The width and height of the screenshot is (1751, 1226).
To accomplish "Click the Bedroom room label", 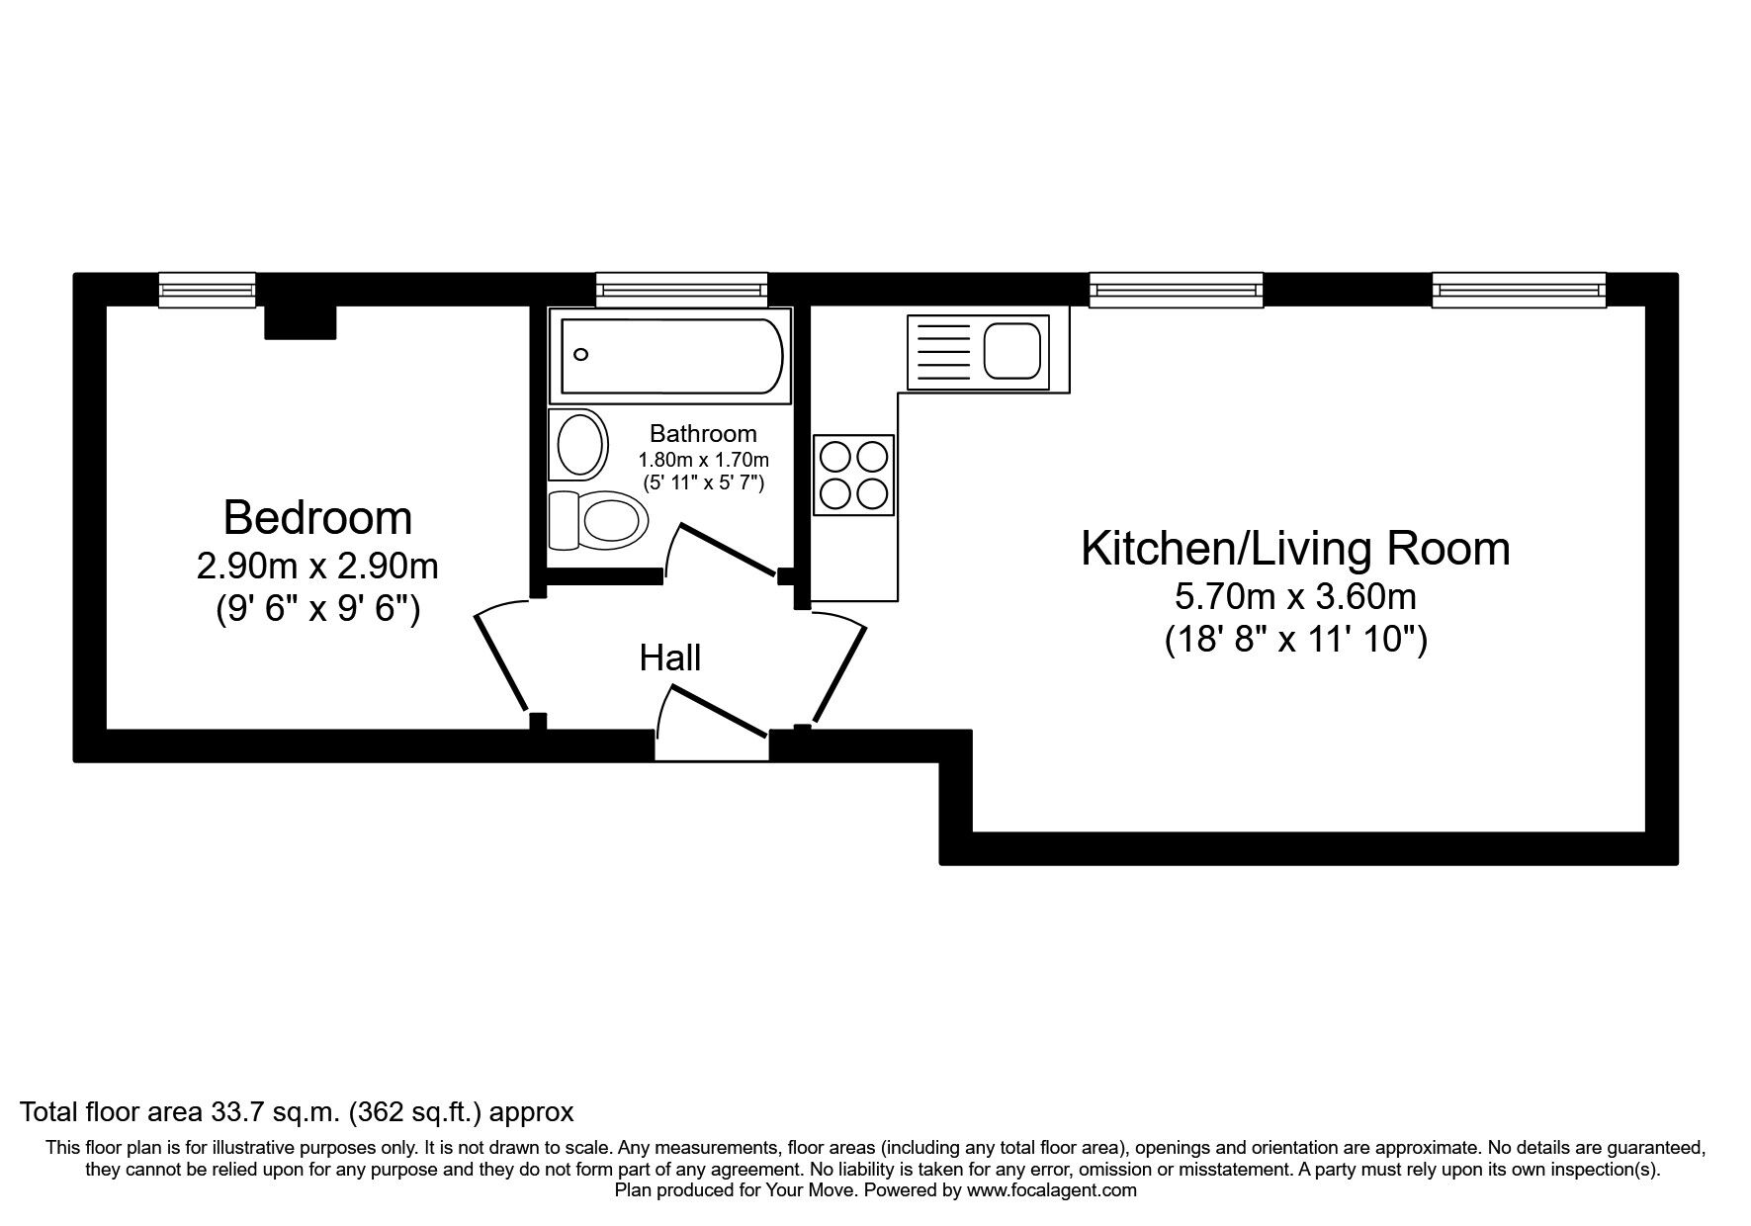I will point(316,517).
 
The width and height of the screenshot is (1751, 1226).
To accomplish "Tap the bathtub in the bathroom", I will point(672,355).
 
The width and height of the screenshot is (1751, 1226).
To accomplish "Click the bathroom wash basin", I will point(580,445).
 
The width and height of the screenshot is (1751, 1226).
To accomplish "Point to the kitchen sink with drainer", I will point(977,351).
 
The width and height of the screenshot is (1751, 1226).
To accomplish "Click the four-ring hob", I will point(854,475).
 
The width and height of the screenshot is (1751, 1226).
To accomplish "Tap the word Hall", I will point(670,657).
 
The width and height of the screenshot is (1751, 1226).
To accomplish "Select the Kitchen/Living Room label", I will point(1295,549).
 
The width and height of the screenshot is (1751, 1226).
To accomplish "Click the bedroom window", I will point(208,290).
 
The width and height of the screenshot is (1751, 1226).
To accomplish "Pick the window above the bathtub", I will point(682,290).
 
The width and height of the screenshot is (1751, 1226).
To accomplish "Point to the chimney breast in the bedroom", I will point(301,321).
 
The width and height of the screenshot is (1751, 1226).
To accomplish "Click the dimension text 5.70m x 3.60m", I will point(1295,596).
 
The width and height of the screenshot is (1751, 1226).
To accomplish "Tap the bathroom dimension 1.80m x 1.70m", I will point(703,460).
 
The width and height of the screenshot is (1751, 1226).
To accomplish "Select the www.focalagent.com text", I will point(1051,1190).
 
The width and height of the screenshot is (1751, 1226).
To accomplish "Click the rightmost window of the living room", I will point(1519,290).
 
